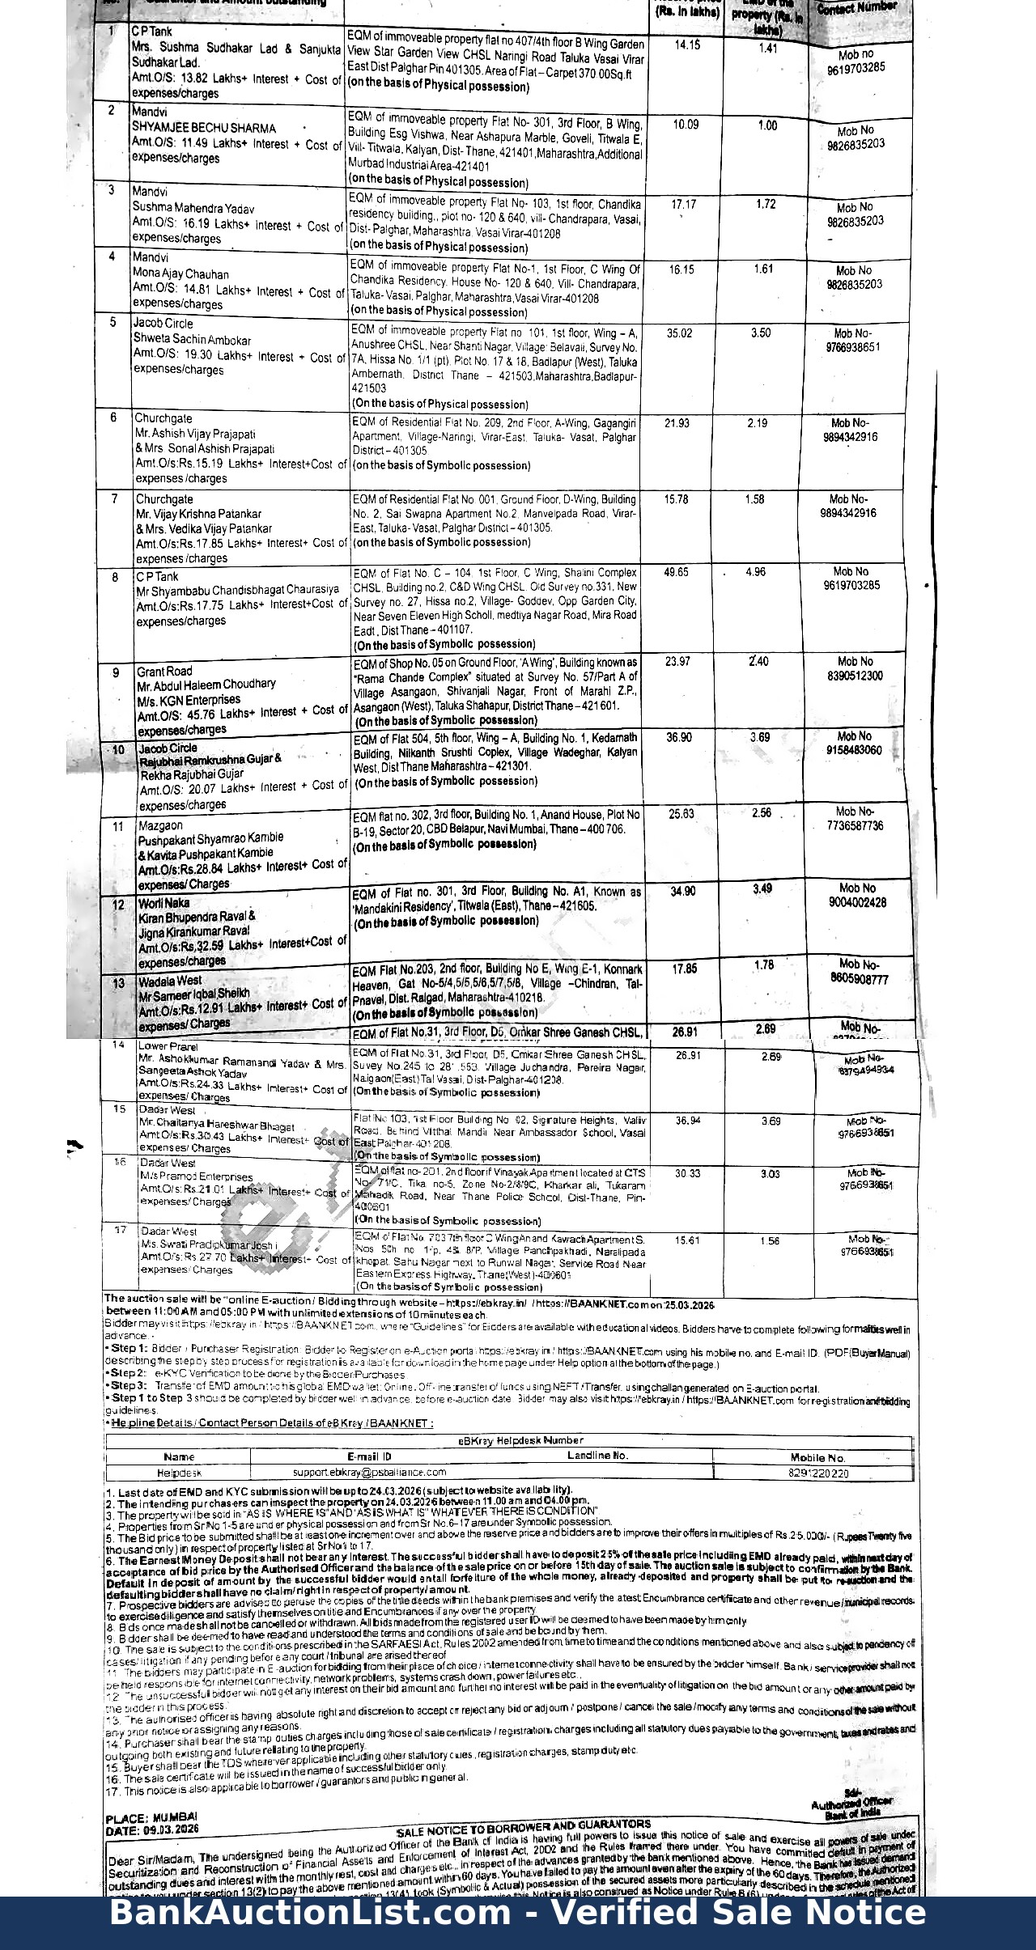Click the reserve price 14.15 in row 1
[x=686, y=45]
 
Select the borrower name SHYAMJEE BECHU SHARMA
[x=204, y=128]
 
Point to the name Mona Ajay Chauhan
[x=180, y=274]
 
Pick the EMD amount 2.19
[x=757, y=423]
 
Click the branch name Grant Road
[x=164, y=671]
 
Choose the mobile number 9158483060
[x=854, y=750]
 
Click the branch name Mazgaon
[x=160, y=825]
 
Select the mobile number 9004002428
[x=857, y=902]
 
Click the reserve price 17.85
[x=685, y=969]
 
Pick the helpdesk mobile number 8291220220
[x=817, y=1473]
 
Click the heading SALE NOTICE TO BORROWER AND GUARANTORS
[x=523, y=1825]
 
